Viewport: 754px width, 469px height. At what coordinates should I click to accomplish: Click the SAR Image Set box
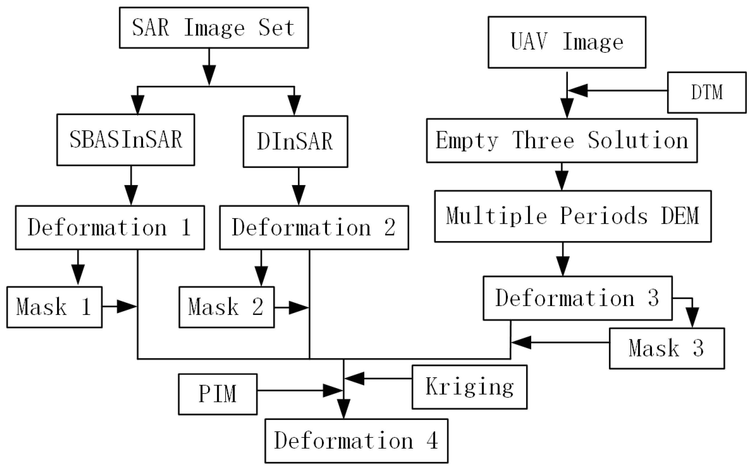pyautogui.click(x=214, y=28)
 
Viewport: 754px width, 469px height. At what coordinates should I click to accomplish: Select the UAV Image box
pyautogui.click(x=567, y=42)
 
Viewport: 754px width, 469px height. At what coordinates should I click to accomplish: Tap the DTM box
pyautogui.click(x=707, y=92)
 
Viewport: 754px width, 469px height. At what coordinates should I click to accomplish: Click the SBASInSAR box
pyautogui.click(x=126, y=140)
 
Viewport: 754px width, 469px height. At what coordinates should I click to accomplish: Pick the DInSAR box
pyautogui.click(x=295, y=142)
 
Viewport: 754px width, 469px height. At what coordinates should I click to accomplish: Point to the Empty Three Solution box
pyautogui.click(x=562, y=140)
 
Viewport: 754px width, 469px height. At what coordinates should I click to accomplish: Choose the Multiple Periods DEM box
pyautogui.click(x=573, y=216)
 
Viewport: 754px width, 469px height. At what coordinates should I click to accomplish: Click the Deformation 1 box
pyautogui.click(x=110, y=227)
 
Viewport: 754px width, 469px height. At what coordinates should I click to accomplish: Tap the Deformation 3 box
pyautogui.click(x=577, y=298)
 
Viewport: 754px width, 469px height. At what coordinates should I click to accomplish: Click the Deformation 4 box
pyautogui.click(x=356, y=441)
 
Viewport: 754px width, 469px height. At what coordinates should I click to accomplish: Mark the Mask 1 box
pyautogui.click(x=54, y=307)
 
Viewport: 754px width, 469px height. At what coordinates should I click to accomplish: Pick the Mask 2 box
pyautogui.click(x=226, y=307)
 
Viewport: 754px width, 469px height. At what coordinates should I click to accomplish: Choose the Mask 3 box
pyautogui.click(x=667, y=348)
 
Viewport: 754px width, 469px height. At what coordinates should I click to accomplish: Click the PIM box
pyautogui.click(x=218, y=394)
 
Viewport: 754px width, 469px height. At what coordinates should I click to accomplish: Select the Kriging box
pyautogui.click(x=469, y=387)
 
